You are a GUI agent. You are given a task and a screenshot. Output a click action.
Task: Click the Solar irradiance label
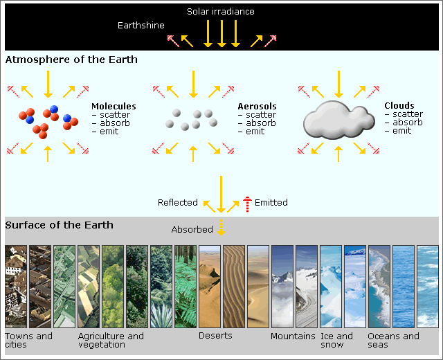221,12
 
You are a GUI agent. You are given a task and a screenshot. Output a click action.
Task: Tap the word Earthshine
141,26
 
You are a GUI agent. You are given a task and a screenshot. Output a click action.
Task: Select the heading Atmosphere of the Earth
71,60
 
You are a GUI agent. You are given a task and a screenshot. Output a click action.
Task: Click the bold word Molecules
114,106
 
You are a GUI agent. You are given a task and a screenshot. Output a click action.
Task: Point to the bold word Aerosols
257,106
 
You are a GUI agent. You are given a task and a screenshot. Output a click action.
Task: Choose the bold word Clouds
399,106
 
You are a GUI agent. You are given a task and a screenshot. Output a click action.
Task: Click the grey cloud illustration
339,120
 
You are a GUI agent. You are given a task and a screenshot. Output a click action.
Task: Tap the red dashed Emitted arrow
247,204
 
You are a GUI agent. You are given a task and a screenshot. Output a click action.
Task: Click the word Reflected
178,203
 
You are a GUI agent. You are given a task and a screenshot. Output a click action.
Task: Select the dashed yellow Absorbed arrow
221,227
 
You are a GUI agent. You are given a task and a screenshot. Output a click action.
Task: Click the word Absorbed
192,229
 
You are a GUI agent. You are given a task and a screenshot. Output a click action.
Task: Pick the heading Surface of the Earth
60,225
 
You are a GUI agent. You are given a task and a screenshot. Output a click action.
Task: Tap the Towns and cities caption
29,341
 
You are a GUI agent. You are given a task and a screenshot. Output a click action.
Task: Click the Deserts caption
215,336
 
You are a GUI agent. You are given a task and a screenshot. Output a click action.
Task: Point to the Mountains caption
293,336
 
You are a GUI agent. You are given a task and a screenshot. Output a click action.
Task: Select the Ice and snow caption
336,341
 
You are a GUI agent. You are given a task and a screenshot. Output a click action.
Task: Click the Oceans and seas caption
394,341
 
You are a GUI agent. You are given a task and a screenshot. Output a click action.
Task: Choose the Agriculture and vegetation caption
111,341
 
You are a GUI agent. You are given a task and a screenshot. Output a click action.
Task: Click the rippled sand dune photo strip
234,287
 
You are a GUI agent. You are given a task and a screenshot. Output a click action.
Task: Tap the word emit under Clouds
401,131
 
